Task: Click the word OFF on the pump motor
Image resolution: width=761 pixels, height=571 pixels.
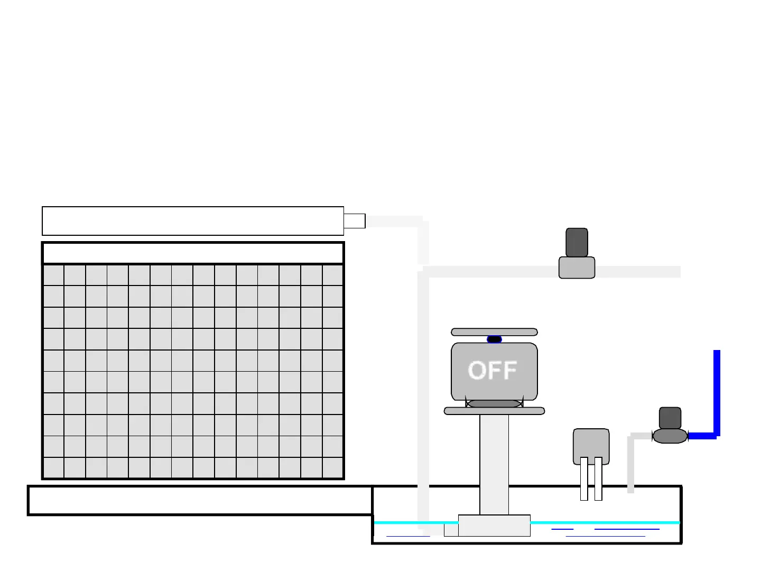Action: (x=493, y=370)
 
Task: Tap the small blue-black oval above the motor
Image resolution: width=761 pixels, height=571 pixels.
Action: (x=494, y=339)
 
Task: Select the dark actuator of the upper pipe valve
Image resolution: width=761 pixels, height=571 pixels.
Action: (x=577, y=243)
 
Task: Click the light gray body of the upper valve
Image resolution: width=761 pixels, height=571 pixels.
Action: (x=577, y=268)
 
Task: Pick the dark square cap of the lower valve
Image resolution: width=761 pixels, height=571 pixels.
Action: (x=670, y=418)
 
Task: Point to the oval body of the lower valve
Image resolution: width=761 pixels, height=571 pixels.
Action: (x=670, y=436)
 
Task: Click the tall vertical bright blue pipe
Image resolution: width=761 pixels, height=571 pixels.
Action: (x=717, y=391)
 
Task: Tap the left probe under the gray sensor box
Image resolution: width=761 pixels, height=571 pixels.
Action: (x=584, y=478)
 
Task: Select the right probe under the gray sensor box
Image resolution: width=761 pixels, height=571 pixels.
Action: (x=598, y=478)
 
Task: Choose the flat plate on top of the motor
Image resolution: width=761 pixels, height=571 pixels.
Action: (x=494, y=332)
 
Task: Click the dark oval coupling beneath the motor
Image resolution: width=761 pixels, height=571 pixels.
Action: (x=494, y=404)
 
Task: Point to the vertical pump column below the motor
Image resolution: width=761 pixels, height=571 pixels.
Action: (x=494, y=463)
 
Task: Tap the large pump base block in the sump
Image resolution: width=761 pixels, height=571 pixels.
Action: (x=494, y=526)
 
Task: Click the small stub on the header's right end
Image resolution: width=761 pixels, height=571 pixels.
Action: (x=355, y=221)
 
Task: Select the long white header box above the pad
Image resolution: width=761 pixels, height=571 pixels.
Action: (x=193, y=221)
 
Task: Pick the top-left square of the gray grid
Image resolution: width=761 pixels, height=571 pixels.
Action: (x=53, y=275)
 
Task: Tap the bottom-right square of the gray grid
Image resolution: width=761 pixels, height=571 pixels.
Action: (x=333, y=468)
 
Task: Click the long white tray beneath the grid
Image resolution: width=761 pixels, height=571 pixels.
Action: (x=200, y=500)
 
